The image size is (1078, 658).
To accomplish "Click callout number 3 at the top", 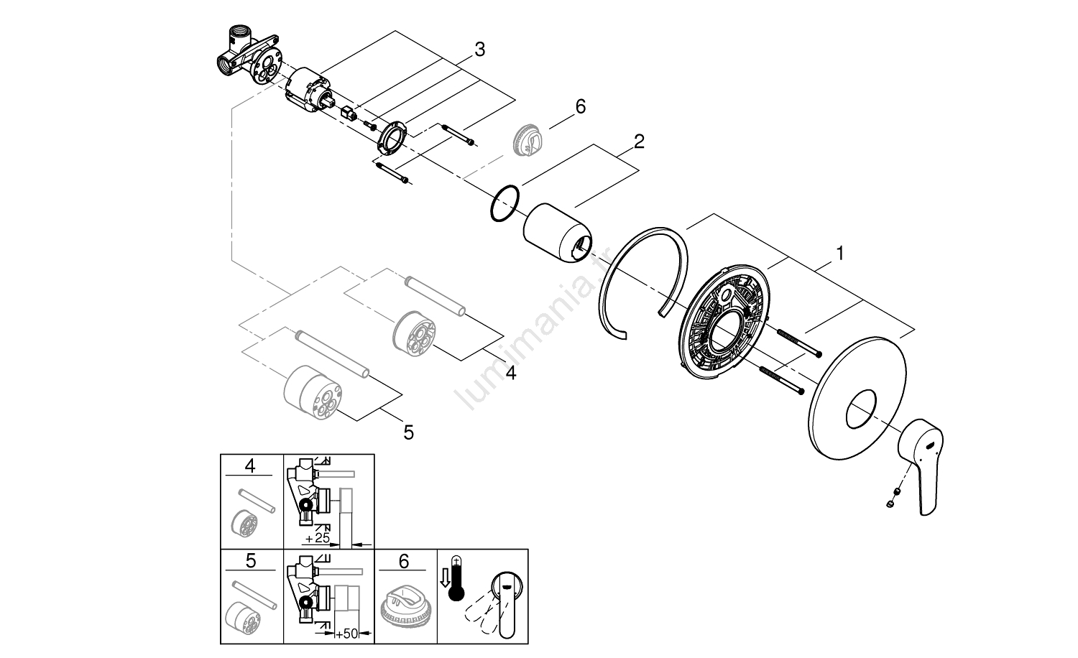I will point(479,50).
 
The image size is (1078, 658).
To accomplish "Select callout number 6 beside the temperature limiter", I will point(580,106).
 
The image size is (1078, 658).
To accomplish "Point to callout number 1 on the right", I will point(839,253).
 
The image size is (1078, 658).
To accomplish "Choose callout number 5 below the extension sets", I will point(408,432).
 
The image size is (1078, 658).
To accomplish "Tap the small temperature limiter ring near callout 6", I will point(528,139).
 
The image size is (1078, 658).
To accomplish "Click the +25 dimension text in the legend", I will point(318,537).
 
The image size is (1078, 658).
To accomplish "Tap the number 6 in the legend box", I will point(403,561).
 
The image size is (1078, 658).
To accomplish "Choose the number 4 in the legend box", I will point(249,465).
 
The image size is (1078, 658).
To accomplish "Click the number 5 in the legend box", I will point(249,560).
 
